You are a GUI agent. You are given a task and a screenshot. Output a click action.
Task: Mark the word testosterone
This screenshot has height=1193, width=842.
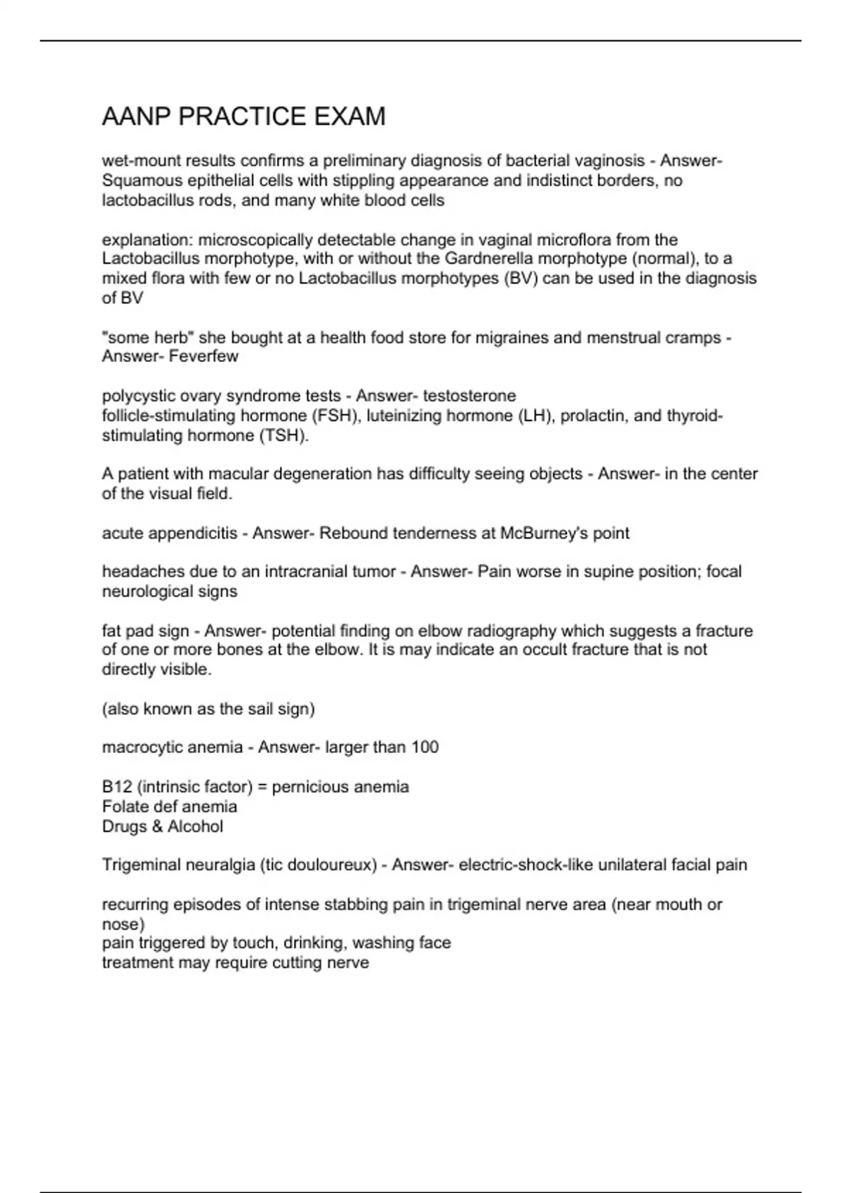click(x=469, y=396)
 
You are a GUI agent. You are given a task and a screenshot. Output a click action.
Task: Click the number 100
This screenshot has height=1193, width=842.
click(x=425, y=747)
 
